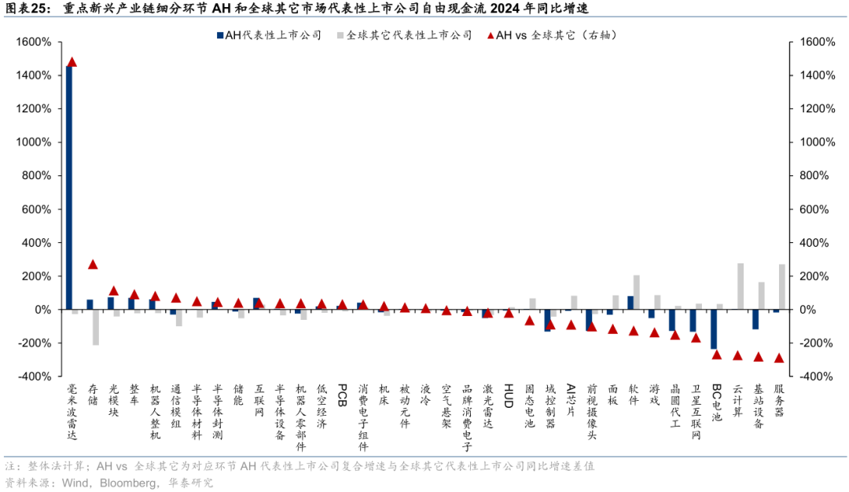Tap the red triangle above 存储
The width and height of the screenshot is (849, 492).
[x=93, y=265]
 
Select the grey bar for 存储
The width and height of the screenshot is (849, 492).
[x=96, y=327]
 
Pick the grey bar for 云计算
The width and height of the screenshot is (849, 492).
[x=741, y=286]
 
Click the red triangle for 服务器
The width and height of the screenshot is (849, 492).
[x=779, y=358]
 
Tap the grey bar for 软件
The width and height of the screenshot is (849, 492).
[x=636, y=292]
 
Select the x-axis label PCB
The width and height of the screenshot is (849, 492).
[x=342, y=391]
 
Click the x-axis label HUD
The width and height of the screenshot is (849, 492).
[x=509, y=391]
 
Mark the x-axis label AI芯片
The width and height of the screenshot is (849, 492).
[x=571, y=397]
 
